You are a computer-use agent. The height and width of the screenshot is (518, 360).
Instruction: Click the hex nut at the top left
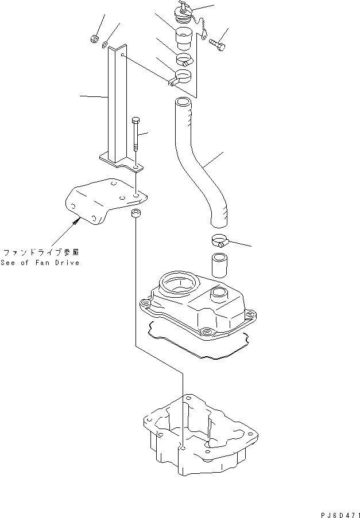(94, 40)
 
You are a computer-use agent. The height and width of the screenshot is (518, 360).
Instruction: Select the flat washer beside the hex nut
(105, 44)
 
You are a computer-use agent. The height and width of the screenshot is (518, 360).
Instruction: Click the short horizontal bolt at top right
(218, 41)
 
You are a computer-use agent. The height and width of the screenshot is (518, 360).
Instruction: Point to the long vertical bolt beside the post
(135, 135)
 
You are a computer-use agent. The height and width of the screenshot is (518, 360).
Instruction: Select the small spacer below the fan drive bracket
(136, 215)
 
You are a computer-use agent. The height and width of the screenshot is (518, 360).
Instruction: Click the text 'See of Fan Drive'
(40, 262)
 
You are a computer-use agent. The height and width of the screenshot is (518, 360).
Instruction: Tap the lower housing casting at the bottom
(195, 436)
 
